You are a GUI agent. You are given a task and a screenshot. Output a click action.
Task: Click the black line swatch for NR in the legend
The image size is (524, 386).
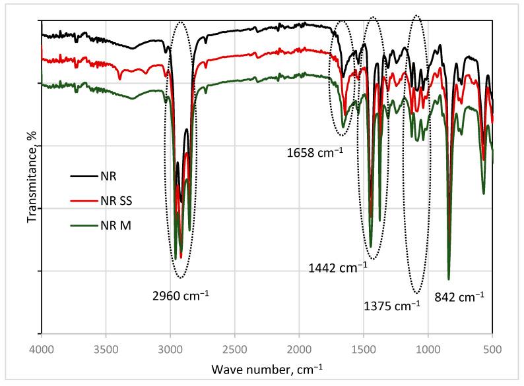83,177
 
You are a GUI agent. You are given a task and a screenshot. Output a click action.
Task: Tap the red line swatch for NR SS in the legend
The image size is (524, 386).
83,201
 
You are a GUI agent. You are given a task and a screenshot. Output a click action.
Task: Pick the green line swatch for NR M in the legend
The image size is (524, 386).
83,225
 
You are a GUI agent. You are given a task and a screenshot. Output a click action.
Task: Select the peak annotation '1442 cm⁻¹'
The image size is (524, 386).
337,267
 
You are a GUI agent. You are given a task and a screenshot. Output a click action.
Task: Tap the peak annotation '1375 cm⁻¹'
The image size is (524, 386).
392,305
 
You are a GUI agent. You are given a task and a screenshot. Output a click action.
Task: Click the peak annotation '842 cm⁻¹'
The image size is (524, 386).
460,296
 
